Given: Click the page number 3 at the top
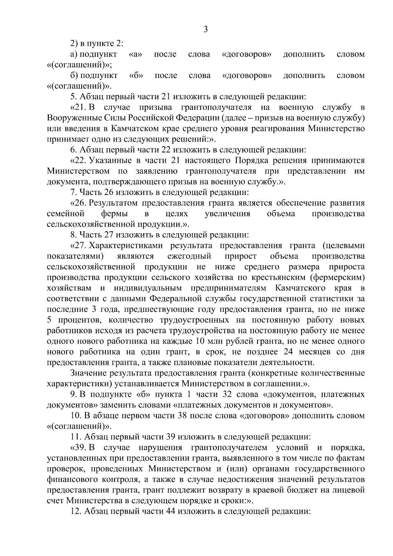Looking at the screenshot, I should (205, 29).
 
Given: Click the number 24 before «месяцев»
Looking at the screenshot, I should (284, 352).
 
